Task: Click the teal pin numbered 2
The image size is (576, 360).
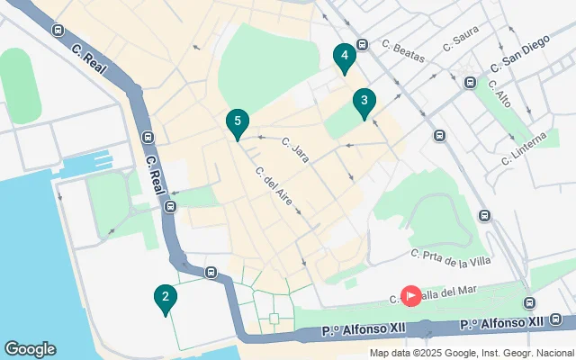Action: [x=164, y=298]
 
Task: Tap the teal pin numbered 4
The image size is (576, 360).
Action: [x=343, y=57]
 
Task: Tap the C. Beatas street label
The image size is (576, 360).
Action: [x=401, y=48]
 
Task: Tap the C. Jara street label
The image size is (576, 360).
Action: [x=295, y=149]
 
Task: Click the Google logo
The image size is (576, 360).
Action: [x=30, y=349]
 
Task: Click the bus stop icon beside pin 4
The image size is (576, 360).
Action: [x=362, y=44]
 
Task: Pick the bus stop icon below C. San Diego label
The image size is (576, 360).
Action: [x=470, y=83]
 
